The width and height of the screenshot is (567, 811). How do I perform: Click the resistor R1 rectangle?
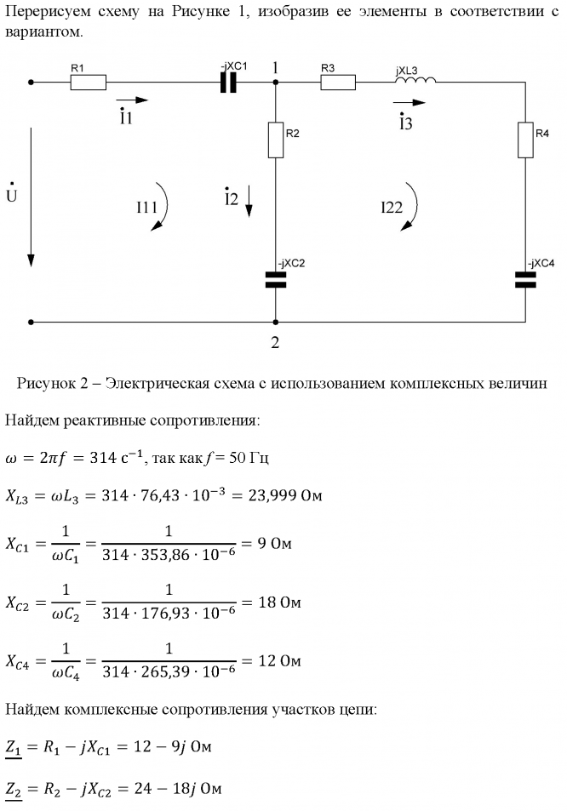click(x=88, y=83)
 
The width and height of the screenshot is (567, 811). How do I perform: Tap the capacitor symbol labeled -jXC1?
click(x=228, y=83)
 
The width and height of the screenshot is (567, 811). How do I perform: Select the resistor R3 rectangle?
click(x=339, y=83)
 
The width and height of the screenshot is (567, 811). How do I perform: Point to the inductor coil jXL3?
click(x=415, y=81)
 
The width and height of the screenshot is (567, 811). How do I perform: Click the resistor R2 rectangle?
click(x=275, y=140)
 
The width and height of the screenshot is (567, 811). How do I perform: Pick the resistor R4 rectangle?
click(x=525, y=140)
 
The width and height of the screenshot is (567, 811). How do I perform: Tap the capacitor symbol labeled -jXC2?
click(x=275, y=280)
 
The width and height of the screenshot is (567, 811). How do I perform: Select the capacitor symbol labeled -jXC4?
click(x=525, y=280)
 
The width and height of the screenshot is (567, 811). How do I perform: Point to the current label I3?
click(x=405, y=123)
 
